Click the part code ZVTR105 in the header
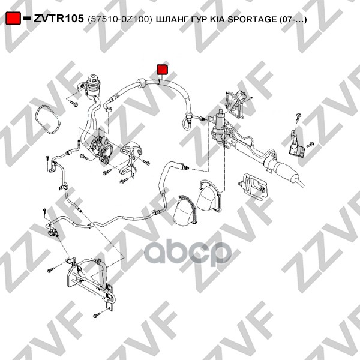click(59, 19)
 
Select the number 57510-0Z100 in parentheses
click(119, 19)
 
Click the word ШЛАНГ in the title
click(172, 19)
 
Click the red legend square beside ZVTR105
click(13, 18)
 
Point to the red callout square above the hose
click(163, 70)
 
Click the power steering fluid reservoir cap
click(94, 78)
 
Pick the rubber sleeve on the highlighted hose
click(142, 83)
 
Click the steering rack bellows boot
click(284, 170)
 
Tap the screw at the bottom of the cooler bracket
click(97, 315)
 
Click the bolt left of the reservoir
click(74, 103)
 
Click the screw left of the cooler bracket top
click(51, 270)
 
